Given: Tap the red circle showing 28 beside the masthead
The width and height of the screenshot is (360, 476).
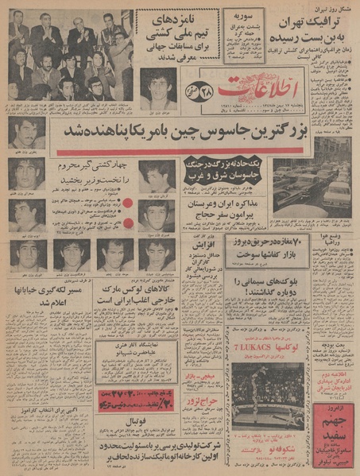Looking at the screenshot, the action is coord(190,87).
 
